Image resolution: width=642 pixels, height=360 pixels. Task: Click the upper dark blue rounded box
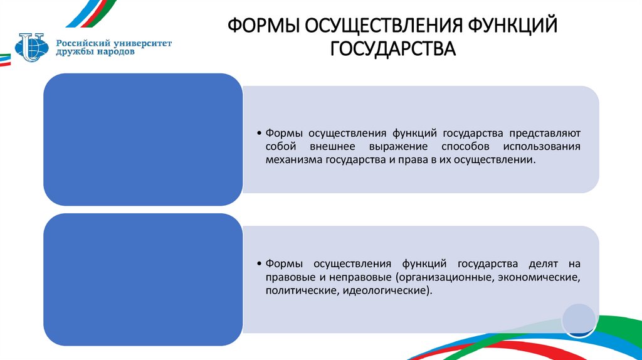coord(142,139)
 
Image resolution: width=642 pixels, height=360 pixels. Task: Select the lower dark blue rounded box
coord(142,279)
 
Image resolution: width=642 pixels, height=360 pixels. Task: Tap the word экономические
coord(539,277)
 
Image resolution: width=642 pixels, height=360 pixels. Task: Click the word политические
coord(298,291)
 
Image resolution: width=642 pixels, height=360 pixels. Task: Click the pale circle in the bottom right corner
coord(578,319)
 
